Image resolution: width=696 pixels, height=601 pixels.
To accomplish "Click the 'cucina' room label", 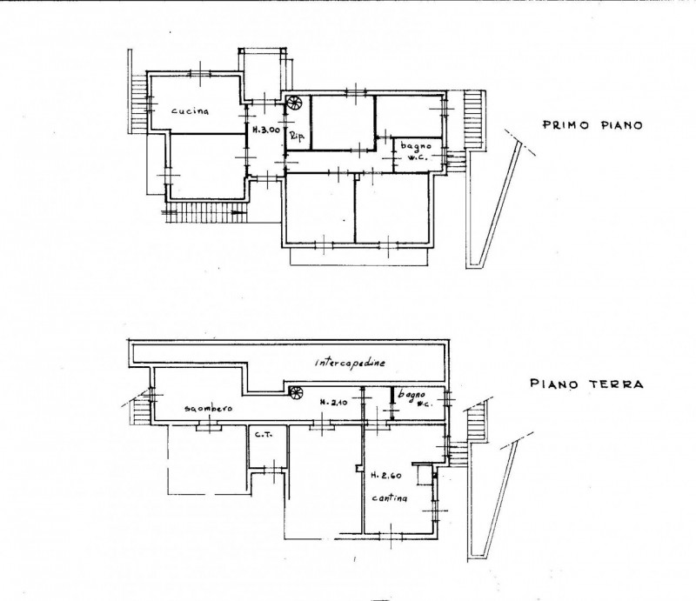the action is pos(190,111).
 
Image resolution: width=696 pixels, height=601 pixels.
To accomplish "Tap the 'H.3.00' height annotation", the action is pos(266,130).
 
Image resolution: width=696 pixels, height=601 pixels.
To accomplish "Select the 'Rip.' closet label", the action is pos(298,137).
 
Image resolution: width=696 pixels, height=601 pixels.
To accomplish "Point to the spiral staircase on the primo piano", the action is pos(293,103).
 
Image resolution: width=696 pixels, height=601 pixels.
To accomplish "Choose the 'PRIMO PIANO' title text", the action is pos(592,125).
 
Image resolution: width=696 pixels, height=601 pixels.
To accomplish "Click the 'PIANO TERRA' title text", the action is pos(586,384).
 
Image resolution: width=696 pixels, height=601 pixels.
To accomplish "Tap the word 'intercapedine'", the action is pos(351,363).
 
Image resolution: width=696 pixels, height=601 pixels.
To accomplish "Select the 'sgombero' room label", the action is pos(208,409).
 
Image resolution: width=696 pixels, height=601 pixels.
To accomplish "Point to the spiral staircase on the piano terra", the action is pos(296,392).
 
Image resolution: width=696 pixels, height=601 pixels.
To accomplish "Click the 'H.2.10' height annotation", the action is pos(334,403).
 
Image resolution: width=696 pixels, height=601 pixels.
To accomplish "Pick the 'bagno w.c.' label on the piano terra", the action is pos(412,398).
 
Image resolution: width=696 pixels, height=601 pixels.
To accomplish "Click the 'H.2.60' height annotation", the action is pos(385,476).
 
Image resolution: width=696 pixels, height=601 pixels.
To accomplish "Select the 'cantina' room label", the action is pos(389,498).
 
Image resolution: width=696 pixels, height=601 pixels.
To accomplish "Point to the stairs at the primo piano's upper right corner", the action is pos(473,120).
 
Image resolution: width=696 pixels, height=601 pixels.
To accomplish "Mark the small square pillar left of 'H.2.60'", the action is pos(358,468).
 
